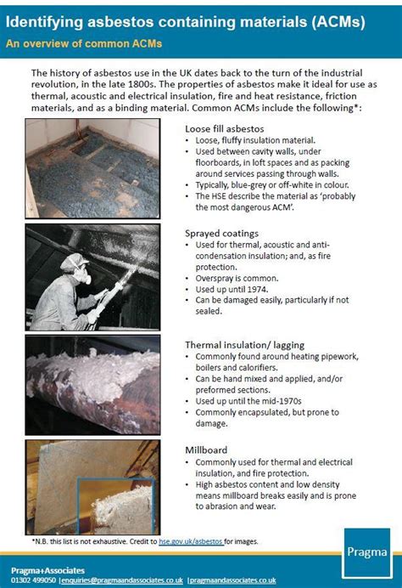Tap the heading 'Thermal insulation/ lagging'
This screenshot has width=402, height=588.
(246, 344)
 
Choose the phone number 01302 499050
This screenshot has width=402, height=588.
(35, 580)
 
